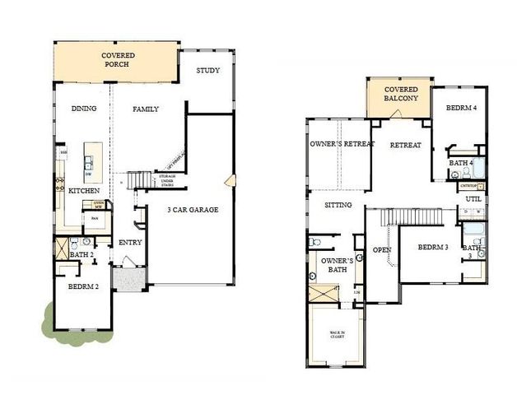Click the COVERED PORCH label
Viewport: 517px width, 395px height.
point(118,60)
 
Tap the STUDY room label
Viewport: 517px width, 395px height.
point(207,71)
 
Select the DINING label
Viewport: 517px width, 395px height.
point(84,109)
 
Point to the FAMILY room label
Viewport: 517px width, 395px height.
point(146,109)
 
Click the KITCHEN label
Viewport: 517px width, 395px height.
point(84,190)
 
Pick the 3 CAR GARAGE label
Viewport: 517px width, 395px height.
point(193,210)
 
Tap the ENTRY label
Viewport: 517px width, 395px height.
point(130,242)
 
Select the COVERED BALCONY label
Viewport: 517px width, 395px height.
point(399,94)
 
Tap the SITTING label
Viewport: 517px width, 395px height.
point(338,205)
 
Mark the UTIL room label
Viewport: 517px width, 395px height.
point(473,198)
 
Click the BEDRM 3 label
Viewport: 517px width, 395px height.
point(432,248)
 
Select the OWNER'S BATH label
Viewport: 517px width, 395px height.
point(338,266)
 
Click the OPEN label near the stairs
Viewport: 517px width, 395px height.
point(381,249)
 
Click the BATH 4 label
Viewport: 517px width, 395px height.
point(459,163)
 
